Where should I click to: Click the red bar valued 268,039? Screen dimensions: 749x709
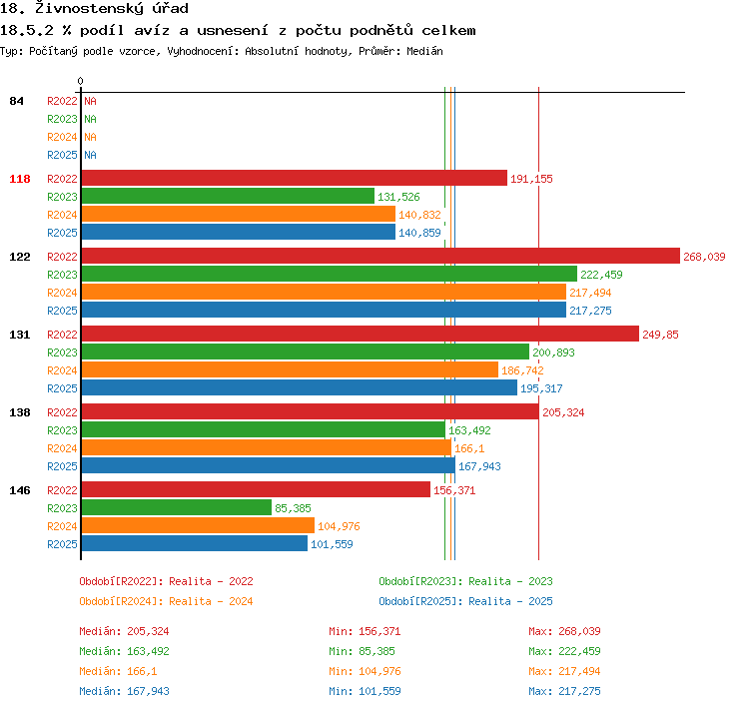click(x=380, y=256)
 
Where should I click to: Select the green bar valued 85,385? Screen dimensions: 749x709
click(x=176, y=507)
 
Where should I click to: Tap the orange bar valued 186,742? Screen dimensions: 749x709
click(x=290, y=369)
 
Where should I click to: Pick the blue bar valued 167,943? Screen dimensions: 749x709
click(x=268, y=465)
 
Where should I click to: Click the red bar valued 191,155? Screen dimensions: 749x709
click(x=295, y=178)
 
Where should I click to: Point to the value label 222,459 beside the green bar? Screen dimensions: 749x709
click(x=601, y=275)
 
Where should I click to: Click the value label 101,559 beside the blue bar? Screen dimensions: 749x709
click(x=332, y=544)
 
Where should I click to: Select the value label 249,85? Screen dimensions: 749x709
click(x=660, y=335)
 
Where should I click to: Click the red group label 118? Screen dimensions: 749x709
click(x=20, y=179)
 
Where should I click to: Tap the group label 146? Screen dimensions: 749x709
click(x=20, y=490)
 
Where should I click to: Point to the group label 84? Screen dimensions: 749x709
click(x=16, y=101)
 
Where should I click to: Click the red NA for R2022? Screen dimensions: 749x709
click(x=90, y=101)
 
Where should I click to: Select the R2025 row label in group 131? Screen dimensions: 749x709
click(x=62, y=388)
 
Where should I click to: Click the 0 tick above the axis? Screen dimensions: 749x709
click(x=80, y=81)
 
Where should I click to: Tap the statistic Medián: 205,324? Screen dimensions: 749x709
click(x=124, y=631)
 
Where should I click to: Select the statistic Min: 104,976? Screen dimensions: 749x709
click(x=365, y=671)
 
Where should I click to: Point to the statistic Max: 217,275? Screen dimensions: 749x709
click(x=564, y=691)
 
